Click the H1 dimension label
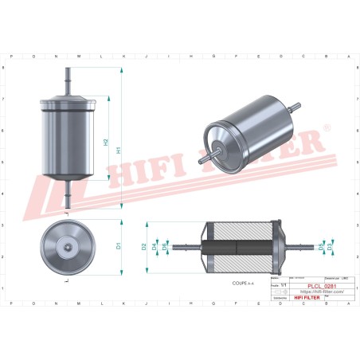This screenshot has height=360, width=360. click(118, 148)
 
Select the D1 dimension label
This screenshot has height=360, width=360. click(118, 246)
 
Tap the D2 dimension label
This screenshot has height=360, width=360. click(144, 247)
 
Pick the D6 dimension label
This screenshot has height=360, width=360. click(165, 247)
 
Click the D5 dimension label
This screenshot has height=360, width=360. click(321, 247)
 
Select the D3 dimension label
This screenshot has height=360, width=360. click(330, 247)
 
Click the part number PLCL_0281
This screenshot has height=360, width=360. click(321, 285)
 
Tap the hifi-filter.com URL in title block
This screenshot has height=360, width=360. click(321, 292)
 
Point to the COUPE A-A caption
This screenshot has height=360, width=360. click(244, 282)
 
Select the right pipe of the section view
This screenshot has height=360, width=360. click(299, 246)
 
